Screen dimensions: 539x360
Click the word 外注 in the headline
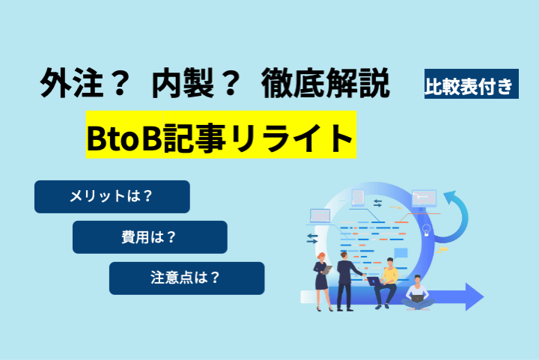coord(71,83)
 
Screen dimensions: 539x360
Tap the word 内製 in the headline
coord(183,83)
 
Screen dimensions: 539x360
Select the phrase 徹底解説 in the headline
coord(325,83)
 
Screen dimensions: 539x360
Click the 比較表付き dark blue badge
coord(472,84)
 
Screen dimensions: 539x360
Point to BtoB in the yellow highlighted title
coord(124,138)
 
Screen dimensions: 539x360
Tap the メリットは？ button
coord(112,197)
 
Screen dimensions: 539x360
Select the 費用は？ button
coord(150,237)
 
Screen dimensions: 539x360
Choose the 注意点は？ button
coord(186,278)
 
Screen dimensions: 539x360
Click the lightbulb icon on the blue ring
coord(426,230)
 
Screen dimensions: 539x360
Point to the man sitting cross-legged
coord(417,293)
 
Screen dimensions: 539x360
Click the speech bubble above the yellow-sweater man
coord(401,253)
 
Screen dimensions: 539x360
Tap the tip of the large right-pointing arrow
coord(484,297)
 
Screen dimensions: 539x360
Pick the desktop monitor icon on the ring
coord(424,199)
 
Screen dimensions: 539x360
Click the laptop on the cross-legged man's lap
coord(417,299)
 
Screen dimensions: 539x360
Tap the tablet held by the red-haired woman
coord(326,269)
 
